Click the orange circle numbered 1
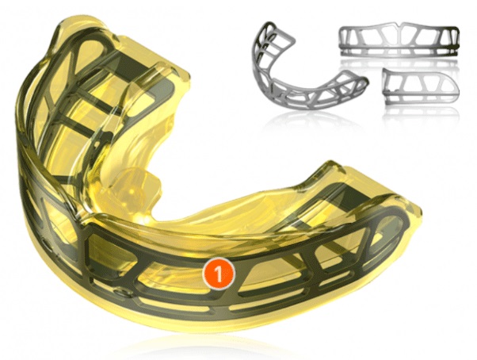pyautogui.click(x=219, y=274)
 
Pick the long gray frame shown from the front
pyautogui.click(x=399, y=40)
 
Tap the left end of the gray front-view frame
pyautogui.click(x=343, y=41)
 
